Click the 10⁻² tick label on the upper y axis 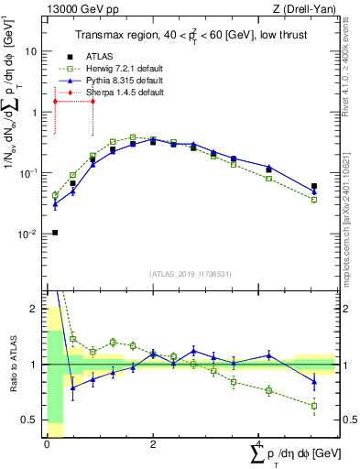(27, 234)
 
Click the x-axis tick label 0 (46, 443)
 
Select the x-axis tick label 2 (153, 443)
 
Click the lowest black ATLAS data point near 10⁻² (55, 233)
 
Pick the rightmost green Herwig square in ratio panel (314, 406)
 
